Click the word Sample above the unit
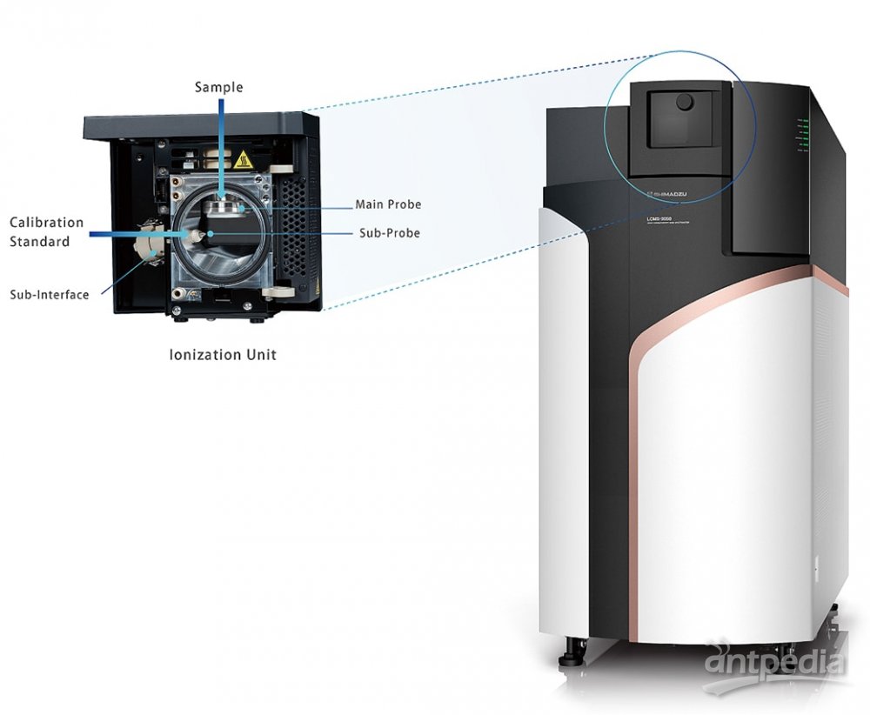pyautogui.click(x=218, y=87)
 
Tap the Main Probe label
pyautogui.click(x=388, y=205)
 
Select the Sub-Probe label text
pyautogui.click(x=390, y=233)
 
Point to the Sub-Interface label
pyautogui.click(x=50, y=295)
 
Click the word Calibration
pyautogui.click(x=47, y=223)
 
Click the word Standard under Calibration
pyautogui.click(x=40, y=241)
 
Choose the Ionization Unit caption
pyautogui.click(x=223, y=355)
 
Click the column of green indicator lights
pyautogui.click(x=805, y=134)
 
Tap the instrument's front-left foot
pyautogui.click(x=574, y=648)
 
